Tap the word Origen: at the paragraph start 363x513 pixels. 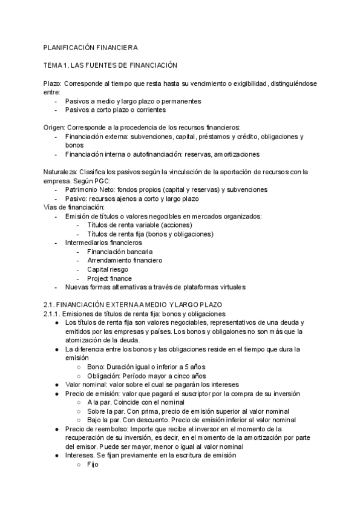coord(54,127)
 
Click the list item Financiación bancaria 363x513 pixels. coord(120,251)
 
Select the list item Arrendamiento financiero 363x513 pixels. coord(125,260)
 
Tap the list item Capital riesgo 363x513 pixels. coord(108,269)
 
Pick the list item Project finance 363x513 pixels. coord(110,278)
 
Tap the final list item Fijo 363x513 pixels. coord(93,464)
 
